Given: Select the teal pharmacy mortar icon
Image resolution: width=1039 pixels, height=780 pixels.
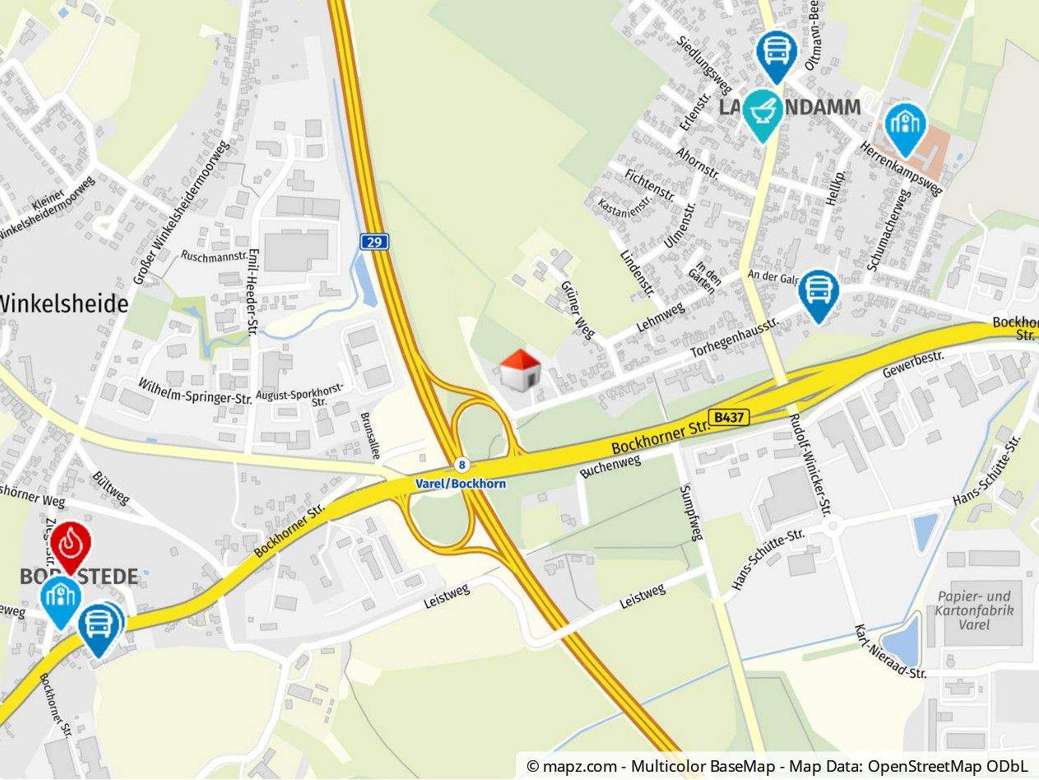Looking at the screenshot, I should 763,113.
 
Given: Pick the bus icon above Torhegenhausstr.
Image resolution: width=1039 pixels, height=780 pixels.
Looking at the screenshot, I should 819,292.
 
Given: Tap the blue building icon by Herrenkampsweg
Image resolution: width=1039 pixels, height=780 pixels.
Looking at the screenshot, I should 905,127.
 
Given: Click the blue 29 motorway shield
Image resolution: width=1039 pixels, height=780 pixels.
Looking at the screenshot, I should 374,241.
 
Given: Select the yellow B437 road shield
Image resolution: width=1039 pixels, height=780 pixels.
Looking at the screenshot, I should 729,418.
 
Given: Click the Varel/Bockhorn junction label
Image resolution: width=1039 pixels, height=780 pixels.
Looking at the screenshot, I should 461,484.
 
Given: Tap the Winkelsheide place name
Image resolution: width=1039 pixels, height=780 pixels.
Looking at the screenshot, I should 64,304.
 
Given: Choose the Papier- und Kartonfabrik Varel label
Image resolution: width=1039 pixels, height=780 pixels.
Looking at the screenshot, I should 974,610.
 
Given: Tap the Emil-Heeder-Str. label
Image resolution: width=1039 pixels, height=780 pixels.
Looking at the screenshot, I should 253,292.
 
